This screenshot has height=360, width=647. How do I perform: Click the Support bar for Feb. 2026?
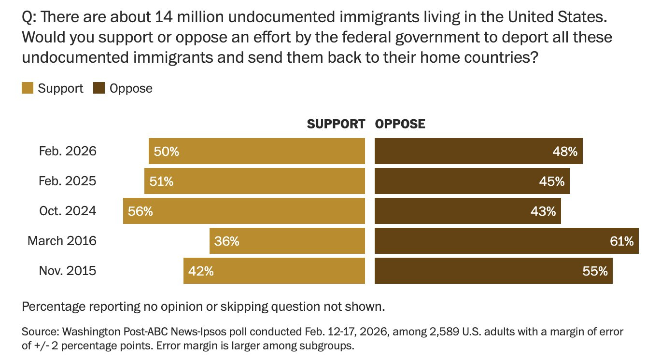[x=256, y=152]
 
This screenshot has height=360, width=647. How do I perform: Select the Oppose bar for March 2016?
[x=507, y=241]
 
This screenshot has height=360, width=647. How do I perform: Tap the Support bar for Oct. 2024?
[x=244, y=211]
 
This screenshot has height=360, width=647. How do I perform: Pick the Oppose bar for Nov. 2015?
[x=493, y=271]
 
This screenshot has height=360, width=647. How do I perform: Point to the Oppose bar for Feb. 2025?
[x=472, y=181]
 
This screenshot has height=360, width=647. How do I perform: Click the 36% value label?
[x=227, y=241]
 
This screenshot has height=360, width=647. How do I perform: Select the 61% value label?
[x=622, y=241]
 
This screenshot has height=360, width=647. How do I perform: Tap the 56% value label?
[x=141, y=211]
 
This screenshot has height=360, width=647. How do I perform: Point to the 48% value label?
[x=565, y=152]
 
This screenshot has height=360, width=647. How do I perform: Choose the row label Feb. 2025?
[x=68, y=181]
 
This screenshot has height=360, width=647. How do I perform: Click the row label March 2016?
[x=62, y=241]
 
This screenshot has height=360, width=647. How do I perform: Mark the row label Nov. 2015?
[x=68, y=271]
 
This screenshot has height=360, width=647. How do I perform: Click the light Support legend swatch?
[x=28, y=88]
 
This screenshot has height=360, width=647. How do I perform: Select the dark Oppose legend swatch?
[x=99, y=88]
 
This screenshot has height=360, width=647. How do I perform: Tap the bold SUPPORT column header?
[x=336, y=124]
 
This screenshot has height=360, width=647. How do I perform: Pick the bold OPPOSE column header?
[x=400, y=124]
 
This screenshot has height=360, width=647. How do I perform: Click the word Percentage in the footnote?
[x=52, y=306]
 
